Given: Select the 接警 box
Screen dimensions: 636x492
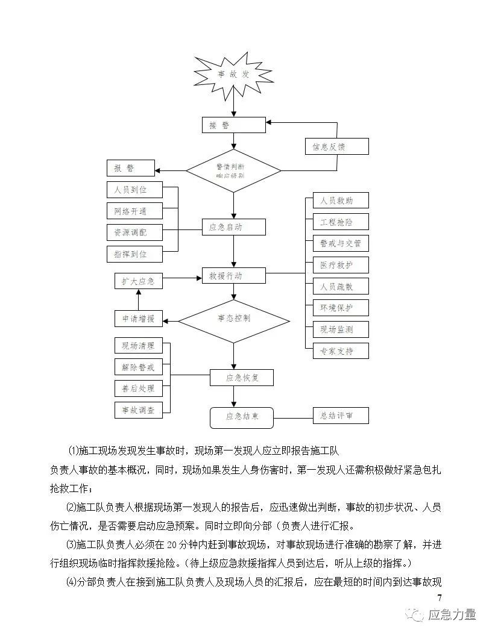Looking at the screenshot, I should coord(233,125).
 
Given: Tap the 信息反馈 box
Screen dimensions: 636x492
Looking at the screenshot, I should coord(336,146).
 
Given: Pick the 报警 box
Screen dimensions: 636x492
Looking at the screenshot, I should coord(130,168).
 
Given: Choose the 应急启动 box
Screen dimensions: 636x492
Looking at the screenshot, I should coord(233,227).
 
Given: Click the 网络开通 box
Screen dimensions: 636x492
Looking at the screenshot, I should coord(134,211).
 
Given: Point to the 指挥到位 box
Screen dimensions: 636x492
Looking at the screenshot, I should coord(134,254).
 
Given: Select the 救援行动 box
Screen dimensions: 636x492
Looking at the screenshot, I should coord(233,276).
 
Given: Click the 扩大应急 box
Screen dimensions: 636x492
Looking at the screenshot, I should coord(139,281).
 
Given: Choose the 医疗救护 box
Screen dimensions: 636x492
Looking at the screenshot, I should coord(341,265).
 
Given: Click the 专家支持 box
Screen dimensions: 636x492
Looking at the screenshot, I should coord(341,351).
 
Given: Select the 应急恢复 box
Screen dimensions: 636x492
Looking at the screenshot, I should coord(241,378).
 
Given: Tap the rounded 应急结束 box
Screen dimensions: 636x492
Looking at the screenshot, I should coord(241,416).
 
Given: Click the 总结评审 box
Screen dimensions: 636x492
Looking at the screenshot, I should coord(341,415).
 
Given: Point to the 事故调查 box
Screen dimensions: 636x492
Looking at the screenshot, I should coord(139,410).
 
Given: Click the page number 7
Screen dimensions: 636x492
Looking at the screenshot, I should coord(439,597).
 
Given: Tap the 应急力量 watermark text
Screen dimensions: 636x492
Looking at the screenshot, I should coord(452,614).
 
